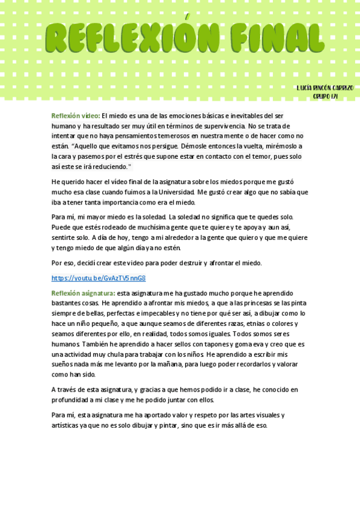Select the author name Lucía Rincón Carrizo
[x=325, y=88]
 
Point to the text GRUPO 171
[x=325, y=96]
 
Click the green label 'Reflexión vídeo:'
[x=76, y=115]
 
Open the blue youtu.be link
[x=99, y=278]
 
